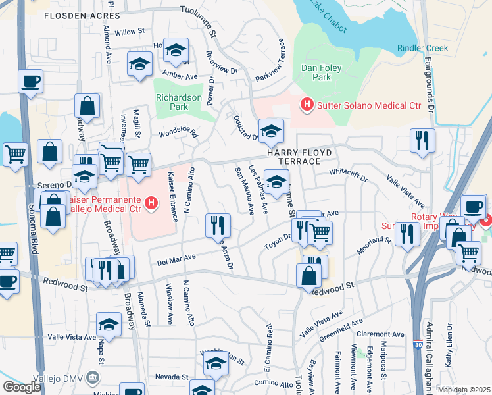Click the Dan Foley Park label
[315, 72]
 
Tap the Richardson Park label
[178, 102]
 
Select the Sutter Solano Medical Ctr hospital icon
[306, 104]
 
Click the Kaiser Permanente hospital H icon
[150, 203]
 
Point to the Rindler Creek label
[422, 48]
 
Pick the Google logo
[22, 387]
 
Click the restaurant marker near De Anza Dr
[217, 225]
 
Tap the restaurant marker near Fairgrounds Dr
[421, 140]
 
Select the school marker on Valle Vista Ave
[109, 324]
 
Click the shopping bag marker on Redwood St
[309, 275]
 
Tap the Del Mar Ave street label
[177, 259]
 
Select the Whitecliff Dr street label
[349, 173]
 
